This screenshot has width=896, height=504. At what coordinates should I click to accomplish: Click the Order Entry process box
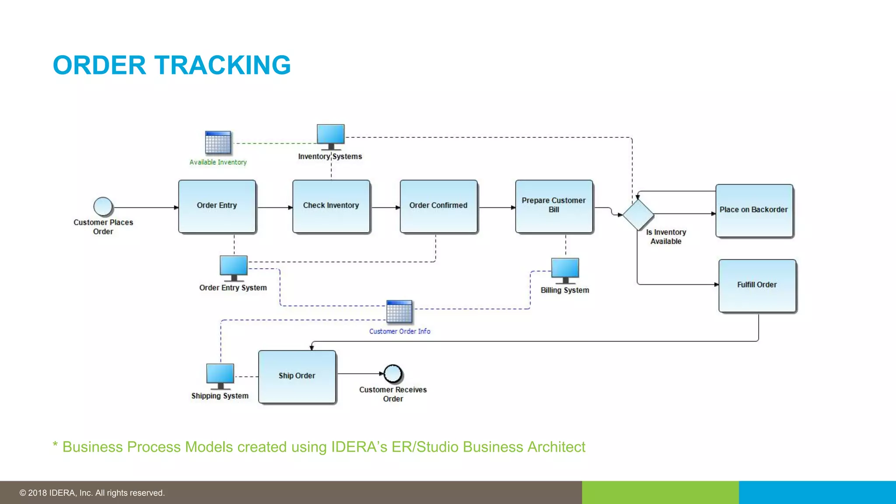coord(217,206)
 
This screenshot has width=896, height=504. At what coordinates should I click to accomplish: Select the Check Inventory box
coord(331,206)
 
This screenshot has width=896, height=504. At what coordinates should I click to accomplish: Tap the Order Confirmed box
coord(438,206)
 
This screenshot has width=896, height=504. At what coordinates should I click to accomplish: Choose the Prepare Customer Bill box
coord(554,206)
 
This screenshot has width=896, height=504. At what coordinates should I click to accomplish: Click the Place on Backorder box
coord(754,210)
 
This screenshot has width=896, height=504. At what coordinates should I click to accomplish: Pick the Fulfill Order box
coord(757,285)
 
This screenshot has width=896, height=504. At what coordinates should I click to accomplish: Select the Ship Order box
coord(297,376)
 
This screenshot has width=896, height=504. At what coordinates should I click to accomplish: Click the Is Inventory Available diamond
coord(638,214)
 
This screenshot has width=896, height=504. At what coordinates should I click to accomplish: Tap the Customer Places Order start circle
coord(103,206)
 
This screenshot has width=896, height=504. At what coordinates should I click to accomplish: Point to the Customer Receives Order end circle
coord(393,374)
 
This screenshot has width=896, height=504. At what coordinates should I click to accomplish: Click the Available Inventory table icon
coord(218,143)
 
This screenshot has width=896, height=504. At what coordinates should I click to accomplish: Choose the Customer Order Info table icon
coord(399,311)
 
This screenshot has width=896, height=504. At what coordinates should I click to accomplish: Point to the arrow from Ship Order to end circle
coord(360,374)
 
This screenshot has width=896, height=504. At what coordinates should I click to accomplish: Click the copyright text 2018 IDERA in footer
coord(92,493)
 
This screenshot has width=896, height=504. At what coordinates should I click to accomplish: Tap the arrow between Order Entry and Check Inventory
coord(274,207)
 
